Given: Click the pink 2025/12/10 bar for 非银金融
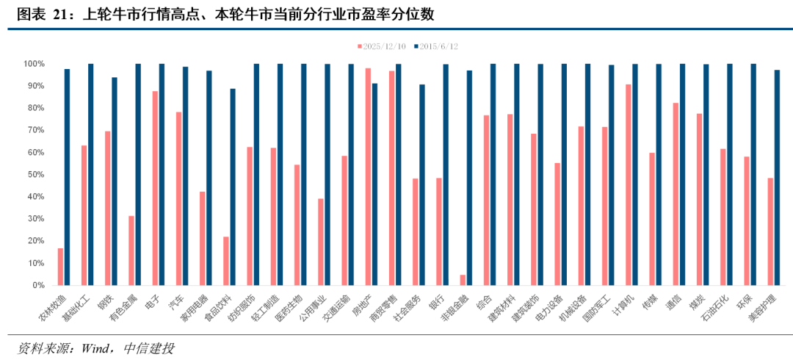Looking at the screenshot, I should coord(463,280).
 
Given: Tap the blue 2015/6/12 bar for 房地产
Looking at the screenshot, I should coord(374,184).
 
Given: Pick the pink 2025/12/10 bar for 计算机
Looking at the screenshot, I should coord(629,184).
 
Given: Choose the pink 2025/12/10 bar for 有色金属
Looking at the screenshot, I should coord(131,251).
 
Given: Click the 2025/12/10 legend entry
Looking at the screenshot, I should coord(381,46).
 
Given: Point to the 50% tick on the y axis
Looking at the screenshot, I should coord(35,175).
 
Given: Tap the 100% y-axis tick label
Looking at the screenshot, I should coord(33,64).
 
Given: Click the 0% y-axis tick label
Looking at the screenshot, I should coord(37,285).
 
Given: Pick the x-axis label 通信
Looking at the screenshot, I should coord(673,301).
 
